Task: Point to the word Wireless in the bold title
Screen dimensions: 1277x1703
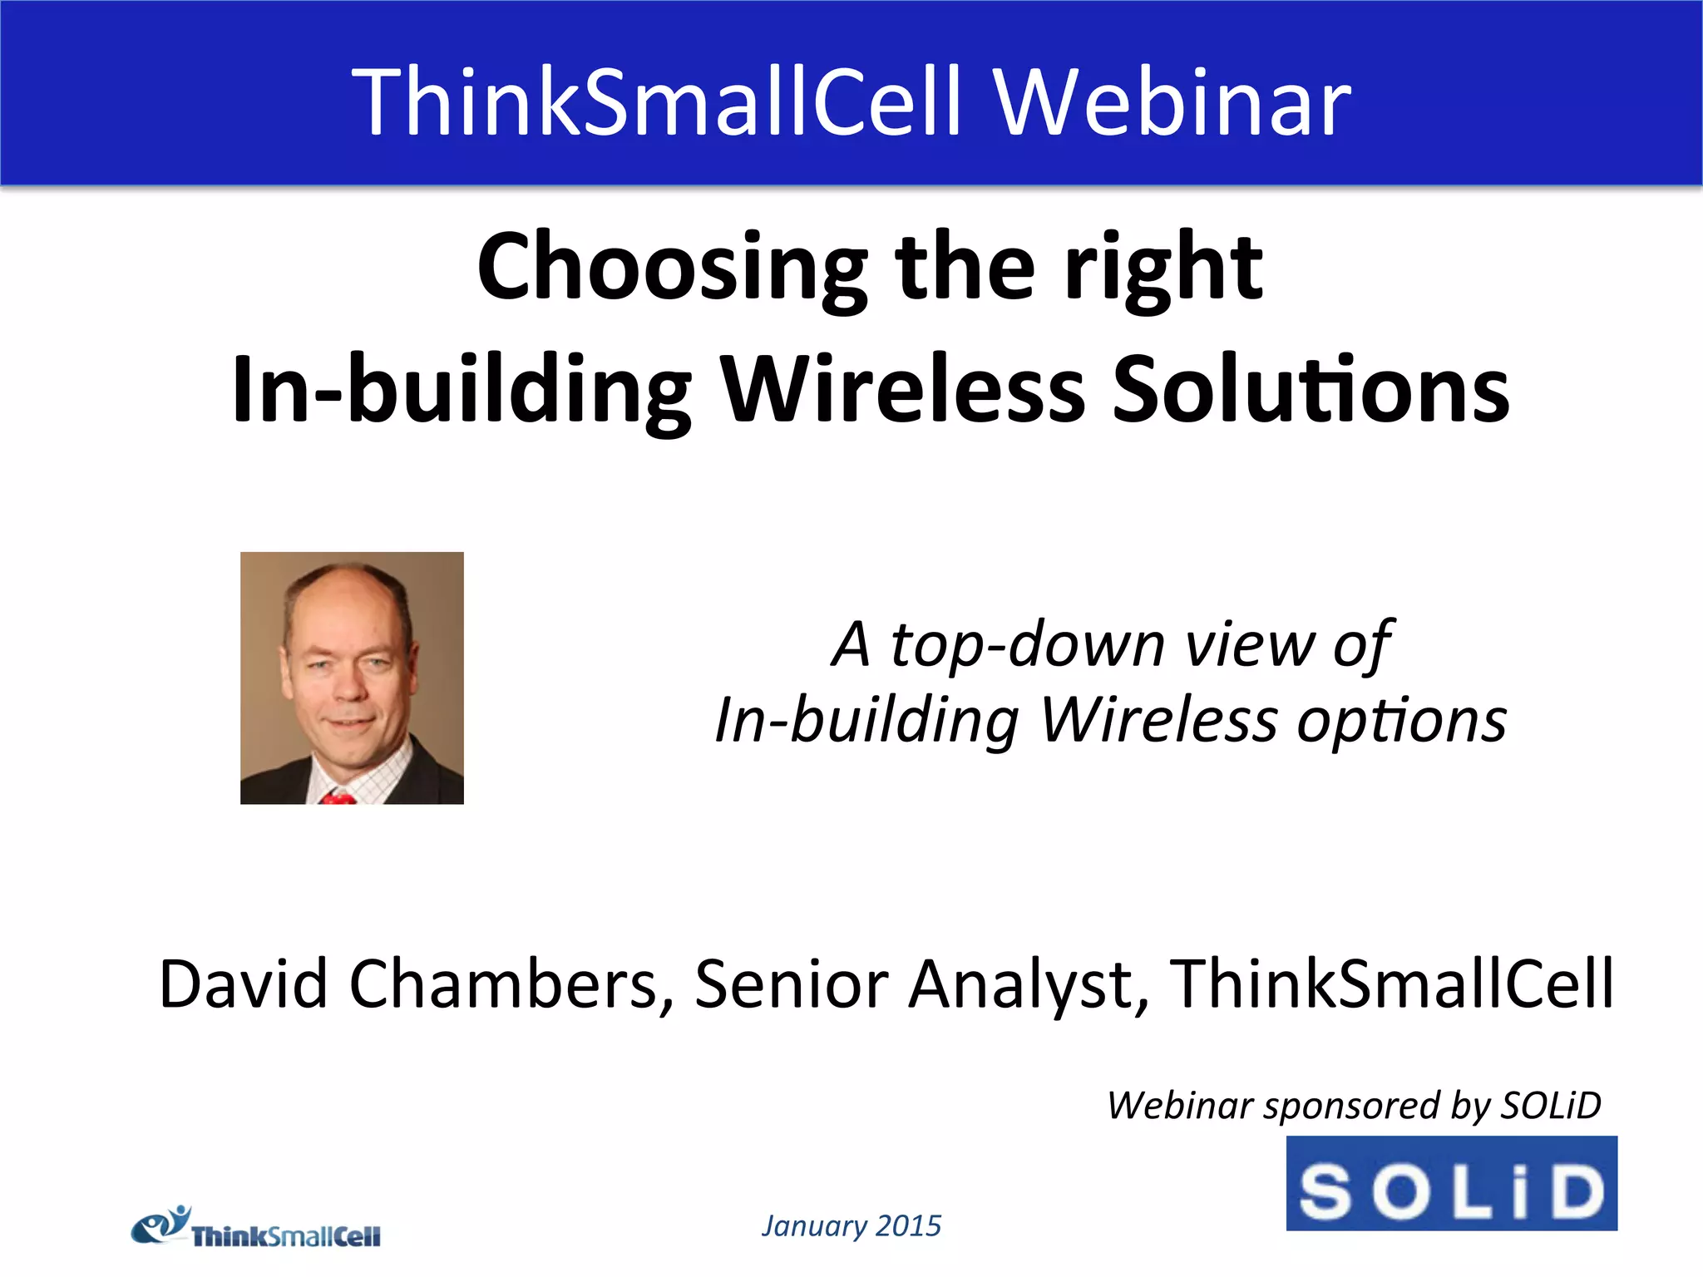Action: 901,389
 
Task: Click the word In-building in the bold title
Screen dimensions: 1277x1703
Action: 462,389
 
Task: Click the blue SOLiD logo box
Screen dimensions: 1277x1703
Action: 1451,1183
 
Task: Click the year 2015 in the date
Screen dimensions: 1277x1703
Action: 909,1225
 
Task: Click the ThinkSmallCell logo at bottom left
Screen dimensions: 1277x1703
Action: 256,1229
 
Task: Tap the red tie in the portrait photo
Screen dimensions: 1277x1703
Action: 338,798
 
